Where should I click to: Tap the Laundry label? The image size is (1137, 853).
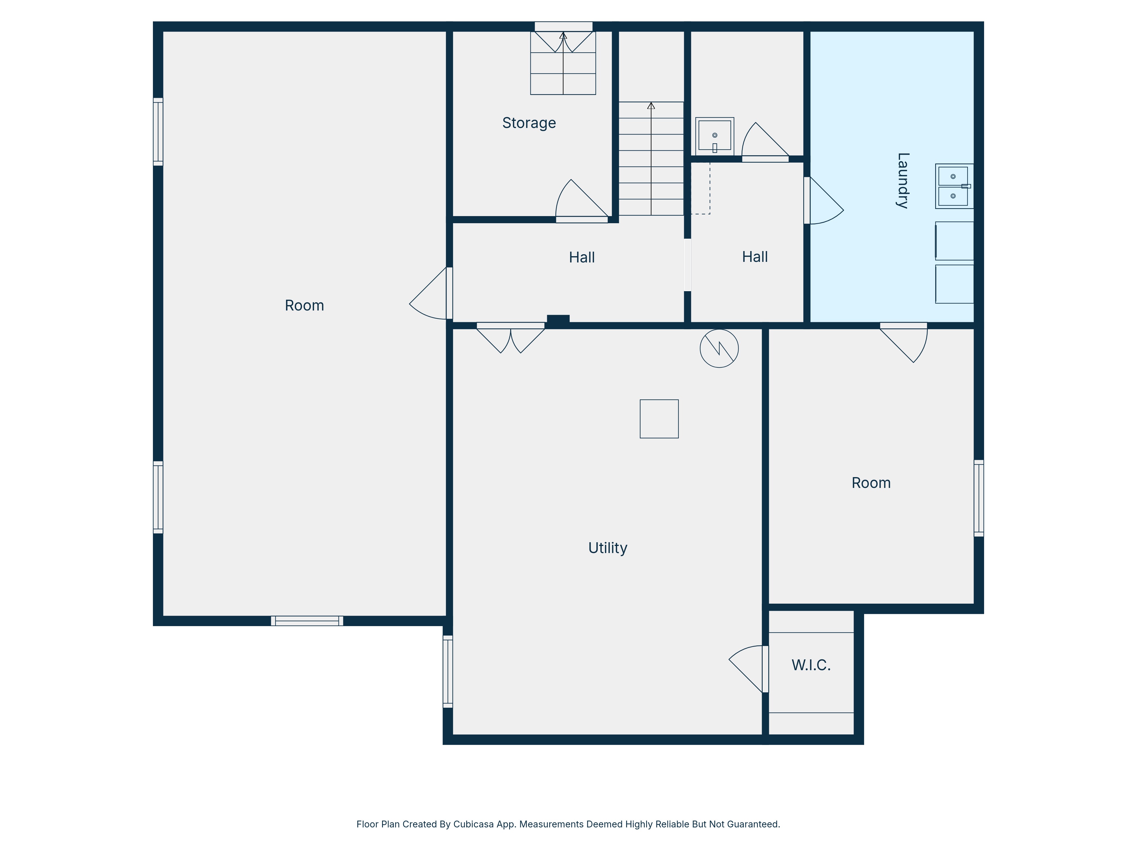click(902, 181)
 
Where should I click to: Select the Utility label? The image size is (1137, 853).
click(607, 548)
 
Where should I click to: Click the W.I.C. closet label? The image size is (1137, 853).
click(811, 665)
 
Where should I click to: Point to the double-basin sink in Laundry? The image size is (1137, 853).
click(954, 186)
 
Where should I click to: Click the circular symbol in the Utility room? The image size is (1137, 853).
click(719, 348)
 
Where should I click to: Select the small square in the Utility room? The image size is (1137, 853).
click(659, 419)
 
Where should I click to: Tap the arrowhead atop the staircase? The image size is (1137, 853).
click(651, 105)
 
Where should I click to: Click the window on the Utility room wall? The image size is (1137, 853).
click(448, 672)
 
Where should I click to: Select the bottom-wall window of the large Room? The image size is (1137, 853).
click(307, 621)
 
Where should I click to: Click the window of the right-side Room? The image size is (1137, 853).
click(979, 498)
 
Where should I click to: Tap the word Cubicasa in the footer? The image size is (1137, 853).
click(473, 824)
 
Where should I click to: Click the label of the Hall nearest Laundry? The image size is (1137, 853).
click(755, 257)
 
